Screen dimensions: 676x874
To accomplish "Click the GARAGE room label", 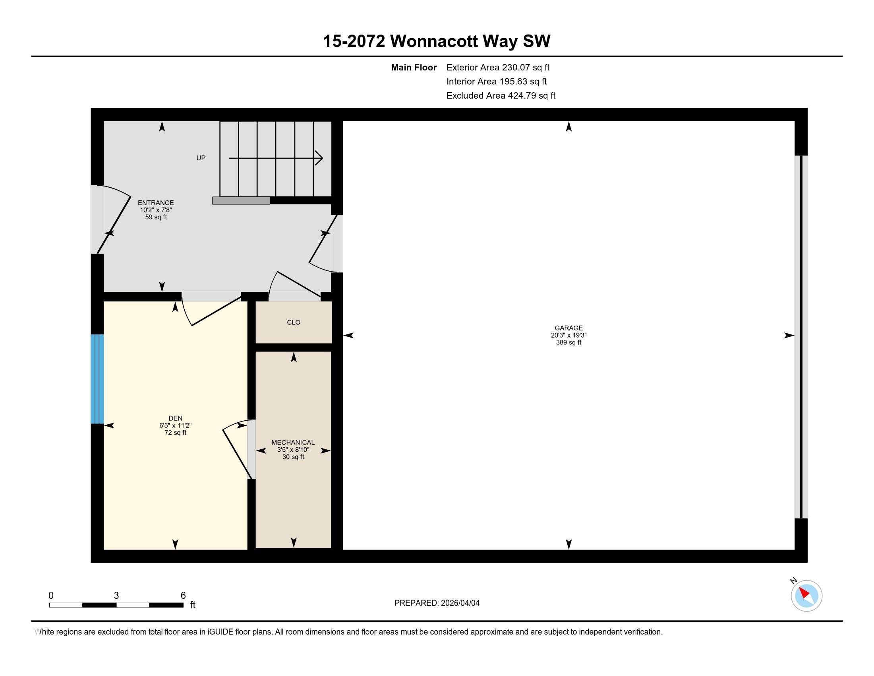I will pos(568,328).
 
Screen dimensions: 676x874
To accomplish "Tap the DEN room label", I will pos(175,418).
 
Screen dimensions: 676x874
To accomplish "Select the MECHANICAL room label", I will pos(293,442).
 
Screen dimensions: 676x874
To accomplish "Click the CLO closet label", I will pos(293,322).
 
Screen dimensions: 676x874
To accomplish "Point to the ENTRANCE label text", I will pos(156,203).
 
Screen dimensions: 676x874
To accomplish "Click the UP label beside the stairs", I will pos(201,158).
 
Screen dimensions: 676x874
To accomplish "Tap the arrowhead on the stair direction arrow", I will pos(319,158).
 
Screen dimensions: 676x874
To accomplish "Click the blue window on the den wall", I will pos(97,379).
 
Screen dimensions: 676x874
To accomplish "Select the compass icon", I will pos(806,596).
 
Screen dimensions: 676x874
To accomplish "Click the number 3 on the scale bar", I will pos(116,595).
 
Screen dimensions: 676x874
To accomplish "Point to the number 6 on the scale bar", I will pos(183,595).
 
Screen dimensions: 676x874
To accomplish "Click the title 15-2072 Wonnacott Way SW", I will pos(437,41).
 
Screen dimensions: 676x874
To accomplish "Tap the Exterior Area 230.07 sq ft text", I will pos(498,67).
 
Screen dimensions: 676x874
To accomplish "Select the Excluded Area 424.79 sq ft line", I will pos(501,95).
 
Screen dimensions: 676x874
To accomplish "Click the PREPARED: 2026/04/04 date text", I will pos(437,603).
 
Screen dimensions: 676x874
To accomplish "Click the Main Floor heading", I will pos(414,67).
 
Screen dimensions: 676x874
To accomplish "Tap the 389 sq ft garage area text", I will pos(568,342).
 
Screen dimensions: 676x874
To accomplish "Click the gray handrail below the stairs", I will pos(241,201).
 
